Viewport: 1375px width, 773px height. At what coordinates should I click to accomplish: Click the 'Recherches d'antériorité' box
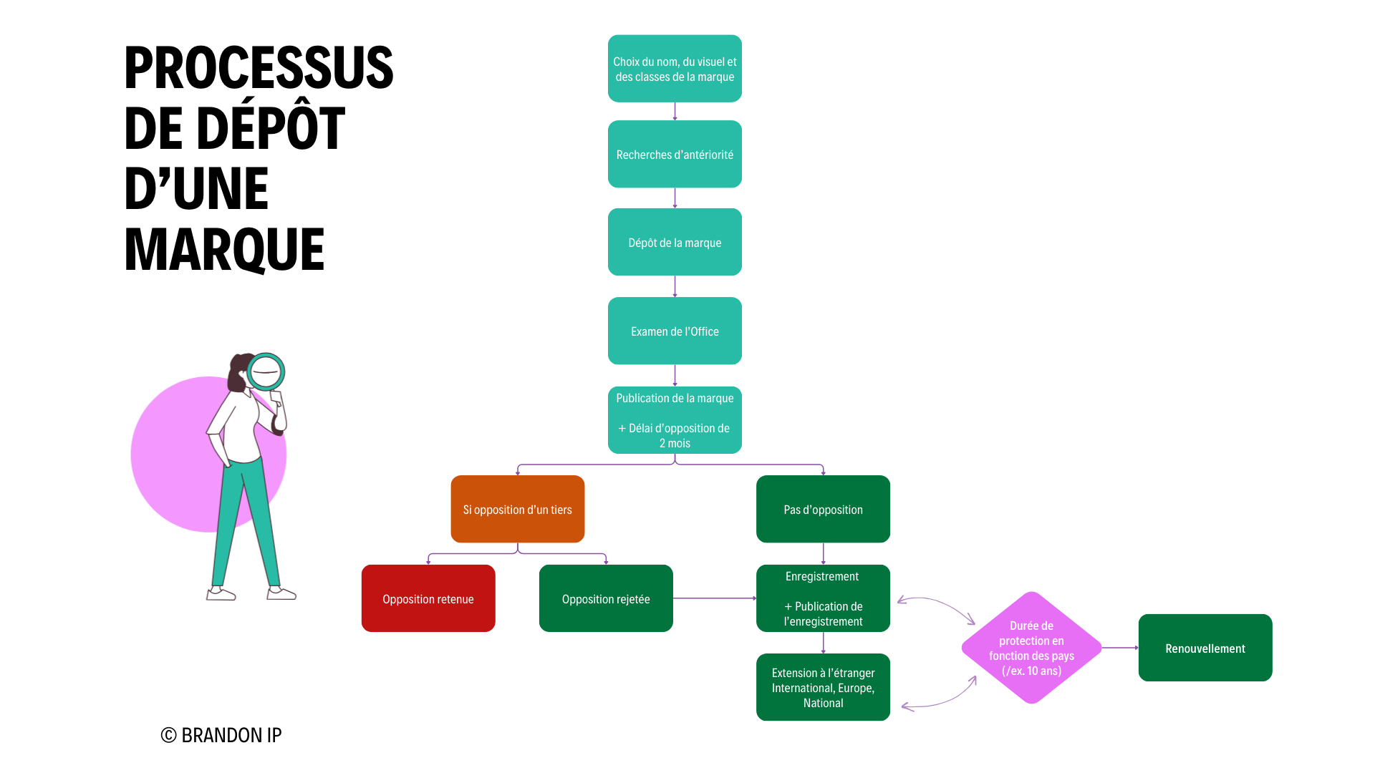tap(675, 154)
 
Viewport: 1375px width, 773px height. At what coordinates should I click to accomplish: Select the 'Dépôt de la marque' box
tap(675, 242)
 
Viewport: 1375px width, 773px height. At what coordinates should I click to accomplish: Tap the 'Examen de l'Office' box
tap(675, 331)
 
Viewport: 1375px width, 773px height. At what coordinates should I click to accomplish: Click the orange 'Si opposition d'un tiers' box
tap(517, 509)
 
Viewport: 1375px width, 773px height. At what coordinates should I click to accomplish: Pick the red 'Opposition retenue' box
tap(428, 598)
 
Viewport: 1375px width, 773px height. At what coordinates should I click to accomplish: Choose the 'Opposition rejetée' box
tap(606, 598)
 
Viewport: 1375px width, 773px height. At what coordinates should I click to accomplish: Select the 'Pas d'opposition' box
tap(823, 509)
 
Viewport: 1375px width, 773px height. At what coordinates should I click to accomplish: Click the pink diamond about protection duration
tap(1031, 648)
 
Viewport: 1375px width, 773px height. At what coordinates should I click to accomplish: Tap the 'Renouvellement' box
tap(1205, 648)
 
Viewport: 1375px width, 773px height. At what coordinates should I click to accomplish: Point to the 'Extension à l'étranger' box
tap(823, 687)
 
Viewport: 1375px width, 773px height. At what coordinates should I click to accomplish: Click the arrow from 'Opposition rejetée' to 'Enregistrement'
tap(715, 598)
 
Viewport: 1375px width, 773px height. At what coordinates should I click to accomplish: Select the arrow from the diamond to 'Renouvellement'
tap(1120, 648)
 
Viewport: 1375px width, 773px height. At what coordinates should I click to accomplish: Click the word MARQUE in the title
tap(224, 250)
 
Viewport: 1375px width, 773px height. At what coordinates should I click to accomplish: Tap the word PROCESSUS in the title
tap(259, 68)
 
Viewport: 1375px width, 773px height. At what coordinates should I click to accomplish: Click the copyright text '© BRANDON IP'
tap(221, 735)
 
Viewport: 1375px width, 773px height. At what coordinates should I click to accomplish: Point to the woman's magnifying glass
tap(266, 371)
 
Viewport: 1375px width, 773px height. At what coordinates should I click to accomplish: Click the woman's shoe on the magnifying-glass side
tap(281, 593)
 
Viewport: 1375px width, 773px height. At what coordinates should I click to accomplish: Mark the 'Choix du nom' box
tap(675, 69)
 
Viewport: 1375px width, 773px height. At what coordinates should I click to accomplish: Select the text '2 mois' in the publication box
tap(675, 444)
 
